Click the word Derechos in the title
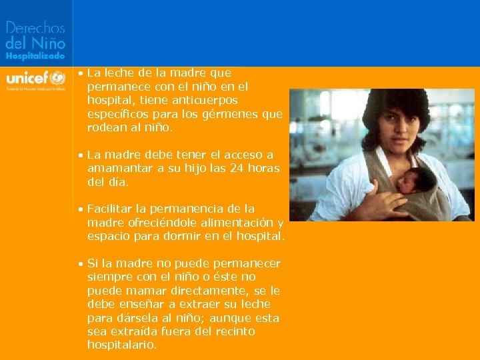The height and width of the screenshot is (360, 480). point(35,28)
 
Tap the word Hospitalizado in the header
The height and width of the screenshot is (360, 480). point(35,57)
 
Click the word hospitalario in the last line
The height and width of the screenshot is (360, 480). point(121,345)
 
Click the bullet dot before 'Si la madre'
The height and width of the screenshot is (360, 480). point(80,264)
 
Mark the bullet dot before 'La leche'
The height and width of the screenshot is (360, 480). point(80,73)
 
